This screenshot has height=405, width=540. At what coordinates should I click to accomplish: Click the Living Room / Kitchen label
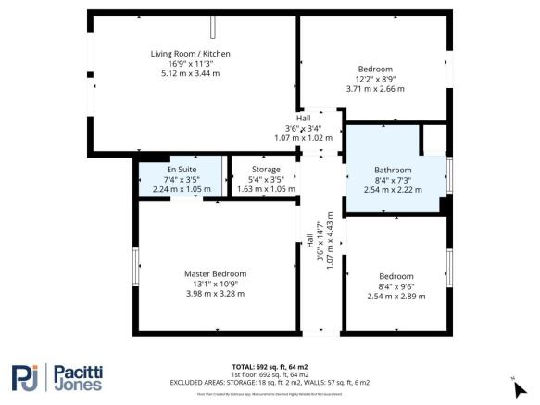pos(190,54)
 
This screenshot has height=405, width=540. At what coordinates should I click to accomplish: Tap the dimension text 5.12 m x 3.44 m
pos(190,72)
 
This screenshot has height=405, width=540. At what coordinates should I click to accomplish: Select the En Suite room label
pos(182,170)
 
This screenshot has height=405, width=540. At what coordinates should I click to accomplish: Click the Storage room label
pos(254,170)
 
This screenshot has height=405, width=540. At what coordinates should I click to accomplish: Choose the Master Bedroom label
pos(216,274)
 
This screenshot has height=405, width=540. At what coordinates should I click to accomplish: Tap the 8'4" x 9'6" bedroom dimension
pos(396,286)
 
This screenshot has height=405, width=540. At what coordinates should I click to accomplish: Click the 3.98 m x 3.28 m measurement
pos(216,294)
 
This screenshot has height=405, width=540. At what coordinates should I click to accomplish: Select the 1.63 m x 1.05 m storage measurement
pos(254,189)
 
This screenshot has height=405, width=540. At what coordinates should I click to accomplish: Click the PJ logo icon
pos(27,378)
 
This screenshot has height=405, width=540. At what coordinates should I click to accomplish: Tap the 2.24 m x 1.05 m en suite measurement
pos(182,189)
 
